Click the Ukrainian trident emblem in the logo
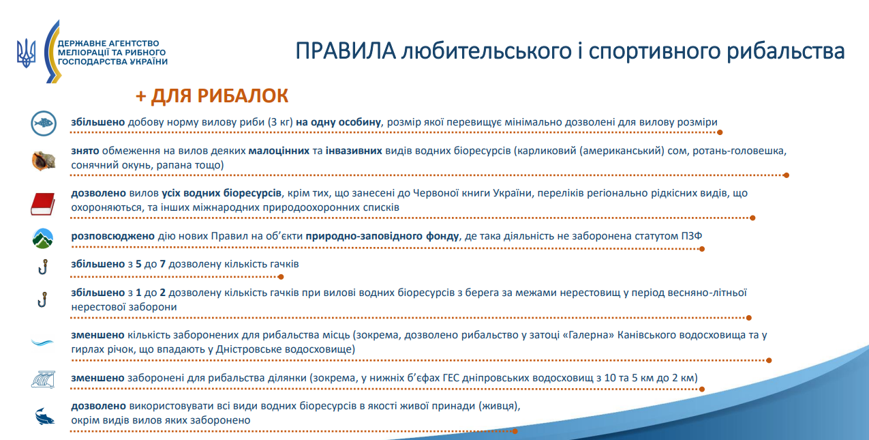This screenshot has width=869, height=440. (x=27, y=52)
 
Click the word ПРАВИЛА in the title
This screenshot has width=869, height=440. (x=346, y=52)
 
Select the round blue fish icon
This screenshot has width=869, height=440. (x=43, y=123)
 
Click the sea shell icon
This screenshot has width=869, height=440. (x=43, y=160)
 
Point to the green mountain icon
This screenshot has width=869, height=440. (x=43, y=238)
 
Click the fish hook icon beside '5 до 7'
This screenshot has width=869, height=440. (x=43, y=266)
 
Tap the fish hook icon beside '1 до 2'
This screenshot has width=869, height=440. (x=43, y=299)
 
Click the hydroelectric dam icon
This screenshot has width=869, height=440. (x=43, y=379)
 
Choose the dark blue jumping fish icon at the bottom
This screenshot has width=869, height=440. (x=43, y=415)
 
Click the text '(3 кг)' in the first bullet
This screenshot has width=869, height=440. (x=280, y=122)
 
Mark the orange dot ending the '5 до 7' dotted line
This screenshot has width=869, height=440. (x=281, y=277)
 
